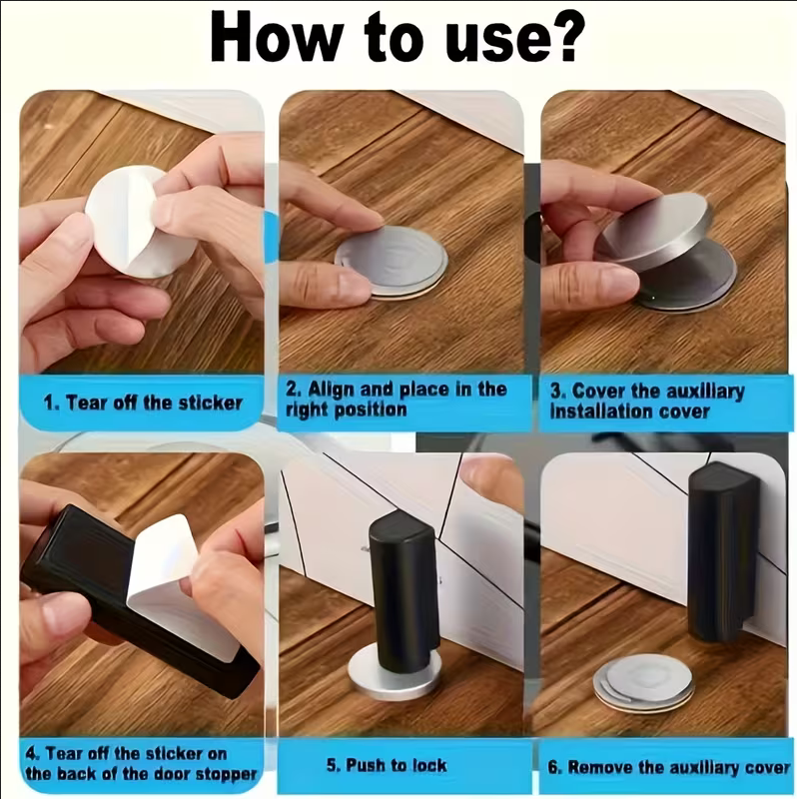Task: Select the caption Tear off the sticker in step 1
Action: [x=142, y=403]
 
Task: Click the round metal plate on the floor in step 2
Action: [x=392, y=261]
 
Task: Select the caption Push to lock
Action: [x=387, y=765]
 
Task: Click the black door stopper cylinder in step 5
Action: [x=403, y=591]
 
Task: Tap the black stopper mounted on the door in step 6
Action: [x=723, y=553]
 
